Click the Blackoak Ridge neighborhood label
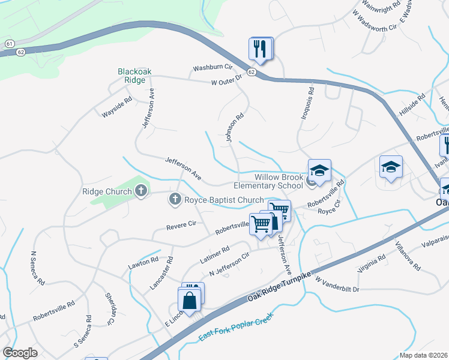(134, 75)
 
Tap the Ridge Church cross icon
(141, 192)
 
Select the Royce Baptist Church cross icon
(175, 200)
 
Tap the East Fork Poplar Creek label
(237, 328)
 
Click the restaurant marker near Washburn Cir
(261, 49)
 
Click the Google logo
(20, 352)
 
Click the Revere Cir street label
(182, 225)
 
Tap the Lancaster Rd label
(161, 274)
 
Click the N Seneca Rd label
(37, 268)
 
